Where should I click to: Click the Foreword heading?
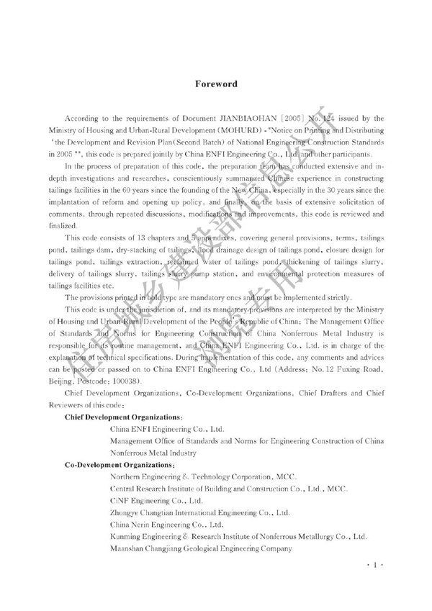click(x=216, y=84)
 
